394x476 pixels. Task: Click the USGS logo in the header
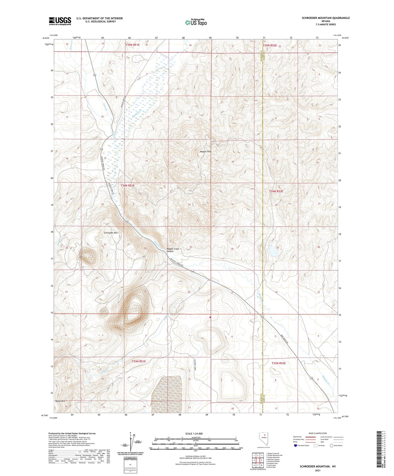point(60,21)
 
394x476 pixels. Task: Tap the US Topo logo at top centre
point(196,22)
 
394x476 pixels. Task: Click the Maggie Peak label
point(206,151)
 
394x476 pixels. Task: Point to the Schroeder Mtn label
point(111,233)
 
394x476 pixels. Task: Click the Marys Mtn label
point(60,401)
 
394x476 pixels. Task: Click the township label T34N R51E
point(128,185)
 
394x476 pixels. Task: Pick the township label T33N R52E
point(278,363)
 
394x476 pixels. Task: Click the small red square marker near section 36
point(210,317)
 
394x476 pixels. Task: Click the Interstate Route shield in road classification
point(295,446)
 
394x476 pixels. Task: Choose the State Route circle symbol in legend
point(331,446)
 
